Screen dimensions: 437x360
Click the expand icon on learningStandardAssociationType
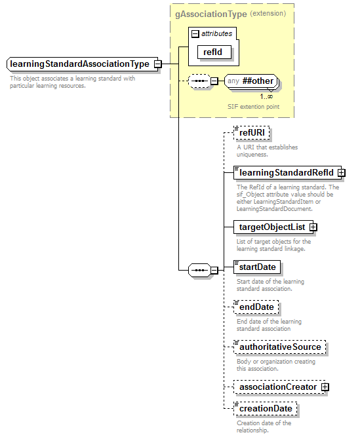[157, 64]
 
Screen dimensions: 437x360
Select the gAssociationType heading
[210, 14]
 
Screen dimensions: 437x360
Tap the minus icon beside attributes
[195, 33]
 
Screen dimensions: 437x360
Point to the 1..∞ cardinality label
[266, 96]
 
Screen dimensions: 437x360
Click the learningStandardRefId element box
[285, 173]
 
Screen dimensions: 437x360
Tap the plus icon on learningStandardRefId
[342, 173]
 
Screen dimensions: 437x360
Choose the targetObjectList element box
[271, 227]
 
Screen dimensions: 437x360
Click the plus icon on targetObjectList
[313, 227]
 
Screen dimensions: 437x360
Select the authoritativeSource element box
[279, 347]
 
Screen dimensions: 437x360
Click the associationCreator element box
[277, 387]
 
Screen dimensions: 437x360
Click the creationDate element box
[266, 408]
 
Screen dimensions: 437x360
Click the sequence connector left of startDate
[199, 269]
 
